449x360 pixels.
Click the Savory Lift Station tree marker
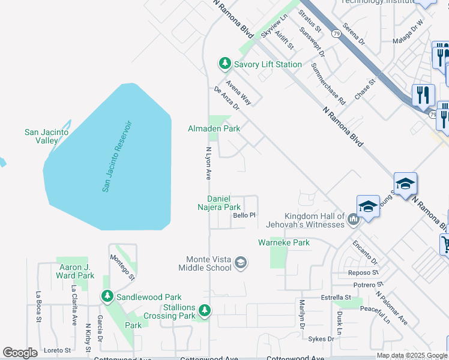pos(224,63)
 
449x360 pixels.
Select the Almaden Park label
pos(214,128)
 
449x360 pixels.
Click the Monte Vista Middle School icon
pos(240,262)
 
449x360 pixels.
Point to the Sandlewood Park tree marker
pos(107,296)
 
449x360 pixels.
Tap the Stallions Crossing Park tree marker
pos(205,310)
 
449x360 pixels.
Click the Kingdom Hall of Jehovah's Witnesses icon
pos(353,220)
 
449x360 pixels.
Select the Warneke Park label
pos(284,242)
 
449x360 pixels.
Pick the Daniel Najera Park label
pos(224,203)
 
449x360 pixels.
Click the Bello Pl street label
pos(244,215)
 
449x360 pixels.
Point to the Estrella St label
pos(336,297)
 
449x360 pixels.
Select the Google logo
pos(20,353)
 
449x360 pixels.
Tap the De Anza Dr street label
pos(226,98)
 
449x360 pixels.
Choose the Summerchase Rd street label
pos(328,85)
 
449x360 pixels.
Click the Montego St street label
pos(122,265)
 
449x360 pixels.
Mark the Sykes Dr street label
pos(321,339)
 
